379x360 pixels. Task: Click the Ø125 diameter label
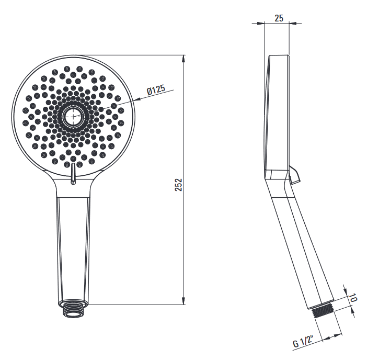(x=156, y=90)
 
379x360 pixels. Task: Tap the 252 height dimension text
(x=178, y=185)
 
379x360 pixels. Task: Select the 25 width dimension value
(x=279, y=18)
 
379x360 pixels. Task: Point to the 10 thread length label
(x=353, y=297)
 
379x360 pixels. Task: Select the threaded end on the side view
(x=323, y=312)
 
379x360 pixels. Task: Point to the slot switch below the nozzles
(x=73, y=173)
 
